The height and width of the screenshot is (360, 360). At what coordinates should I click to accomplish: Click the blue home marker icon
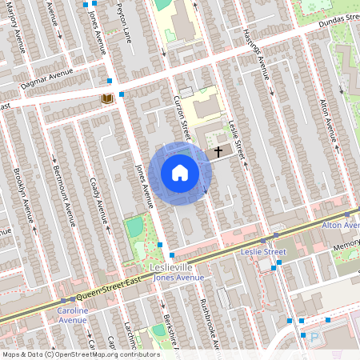click(x=180, y=173)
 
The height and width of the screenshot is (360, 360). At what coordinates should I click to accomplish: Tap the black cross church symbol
click(x=218, y=150)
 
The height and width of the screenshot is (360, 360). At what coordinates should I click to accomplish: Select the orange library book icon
click(x=106, y=98)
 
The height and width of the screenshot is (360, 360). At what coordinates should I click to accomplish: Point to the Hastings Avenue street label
click(x=255, y=54)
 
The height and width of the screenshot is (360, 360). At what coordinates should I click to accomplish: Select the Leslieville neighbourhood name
click(x=172, y=266)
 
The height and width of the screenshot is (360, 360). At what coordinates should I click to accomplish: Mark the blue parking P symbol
click(x=314, y=338)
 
